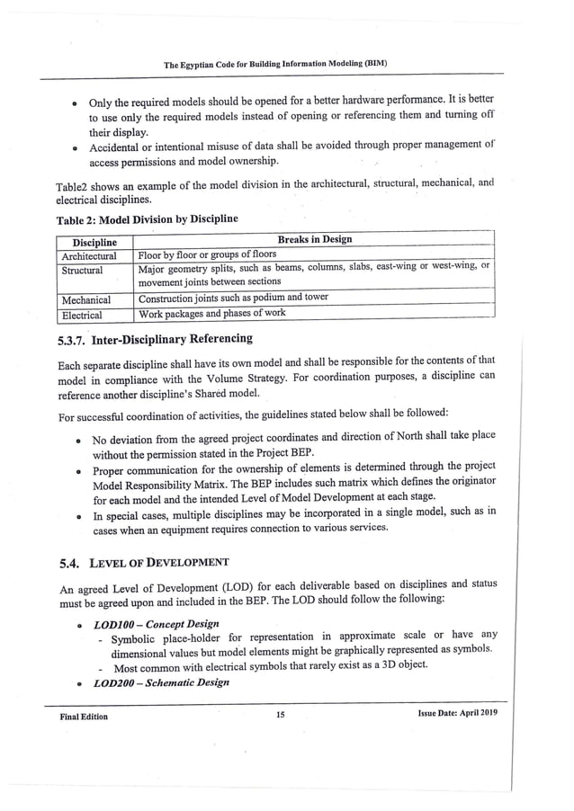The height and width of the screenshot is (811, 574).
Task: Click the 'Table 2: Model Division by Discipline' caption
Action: click(147, 218)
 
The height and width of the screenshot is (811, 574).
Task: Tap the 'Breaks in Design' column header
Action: click(315, 239)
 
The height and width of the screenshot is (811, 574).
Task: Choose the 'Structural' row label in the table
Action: click(82, 269)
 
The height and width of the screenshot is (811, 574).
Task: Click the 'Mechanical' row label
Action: click(85, 299)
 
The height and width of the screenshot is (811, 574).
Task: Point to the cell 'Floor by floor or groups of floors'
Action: click(206, 254)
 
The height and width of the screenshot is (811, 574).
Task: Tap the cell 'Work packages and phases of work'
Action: click(211, 314)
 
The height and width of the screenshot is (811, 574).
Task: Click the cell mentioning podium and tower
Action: click(233, 298)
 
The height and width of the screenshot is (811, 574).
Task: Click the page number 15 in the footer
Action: click(281, 716)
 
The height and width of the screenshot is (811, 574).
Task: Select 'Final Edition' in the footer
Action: click(84, 717)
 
